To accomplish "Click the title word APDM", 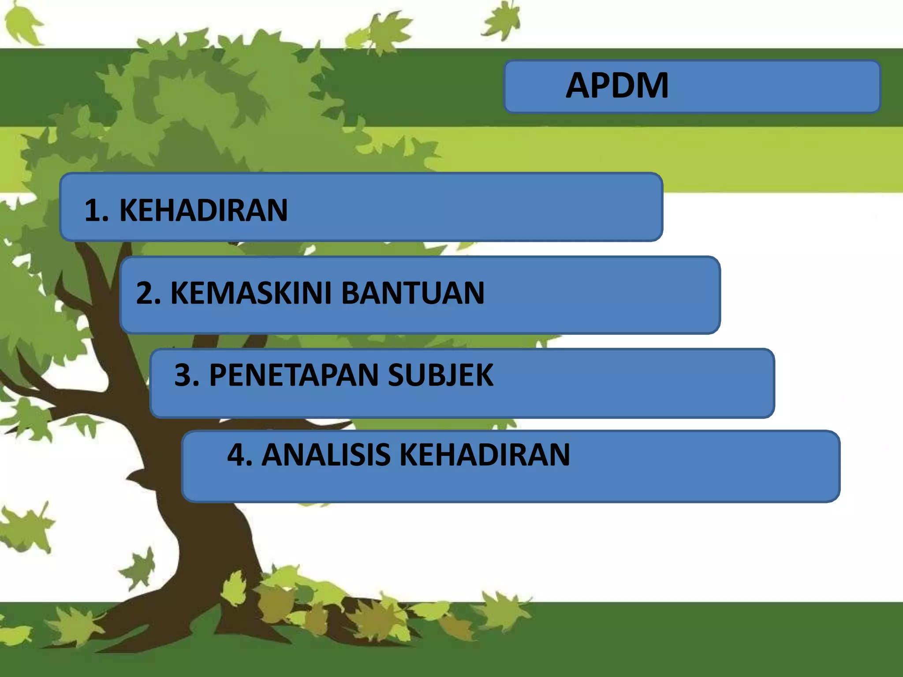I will (617, 86).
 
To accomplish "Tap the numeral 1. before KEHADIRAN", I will (96, 210).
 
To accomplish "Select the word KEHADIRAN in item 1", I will (203, 210).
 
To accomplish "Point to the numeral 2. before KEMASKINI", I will (148, 293).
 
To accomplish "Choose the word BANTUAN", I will (413, 293).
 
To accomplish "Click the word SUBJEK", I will (440, 376).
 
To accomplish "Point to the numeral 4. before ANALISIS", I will (239, 455).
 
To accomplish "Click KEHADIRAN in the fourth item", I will (485, 455).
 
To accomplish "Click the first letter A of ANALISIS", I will (273, 455).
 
